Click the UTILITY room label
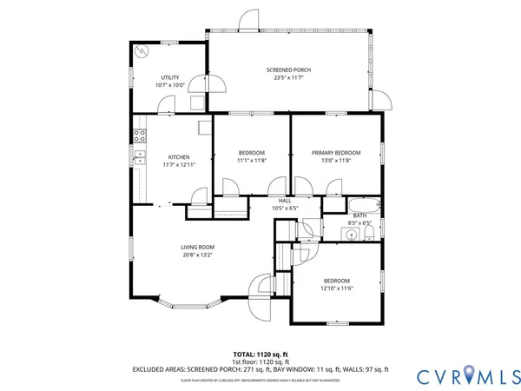click(169, 78)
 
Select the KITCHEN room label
click(178, 157)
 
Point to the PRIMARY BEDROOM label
click(336, 153)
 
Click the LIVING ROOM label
click(198, 248)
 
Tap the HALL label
click(284, 201)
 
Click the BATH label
click(359, 215)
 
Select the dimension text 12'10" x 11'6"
click(337, 288)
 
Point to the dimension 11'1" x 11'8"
click(252, 160)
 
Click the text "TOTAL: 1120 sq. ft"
click(261, 355)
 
